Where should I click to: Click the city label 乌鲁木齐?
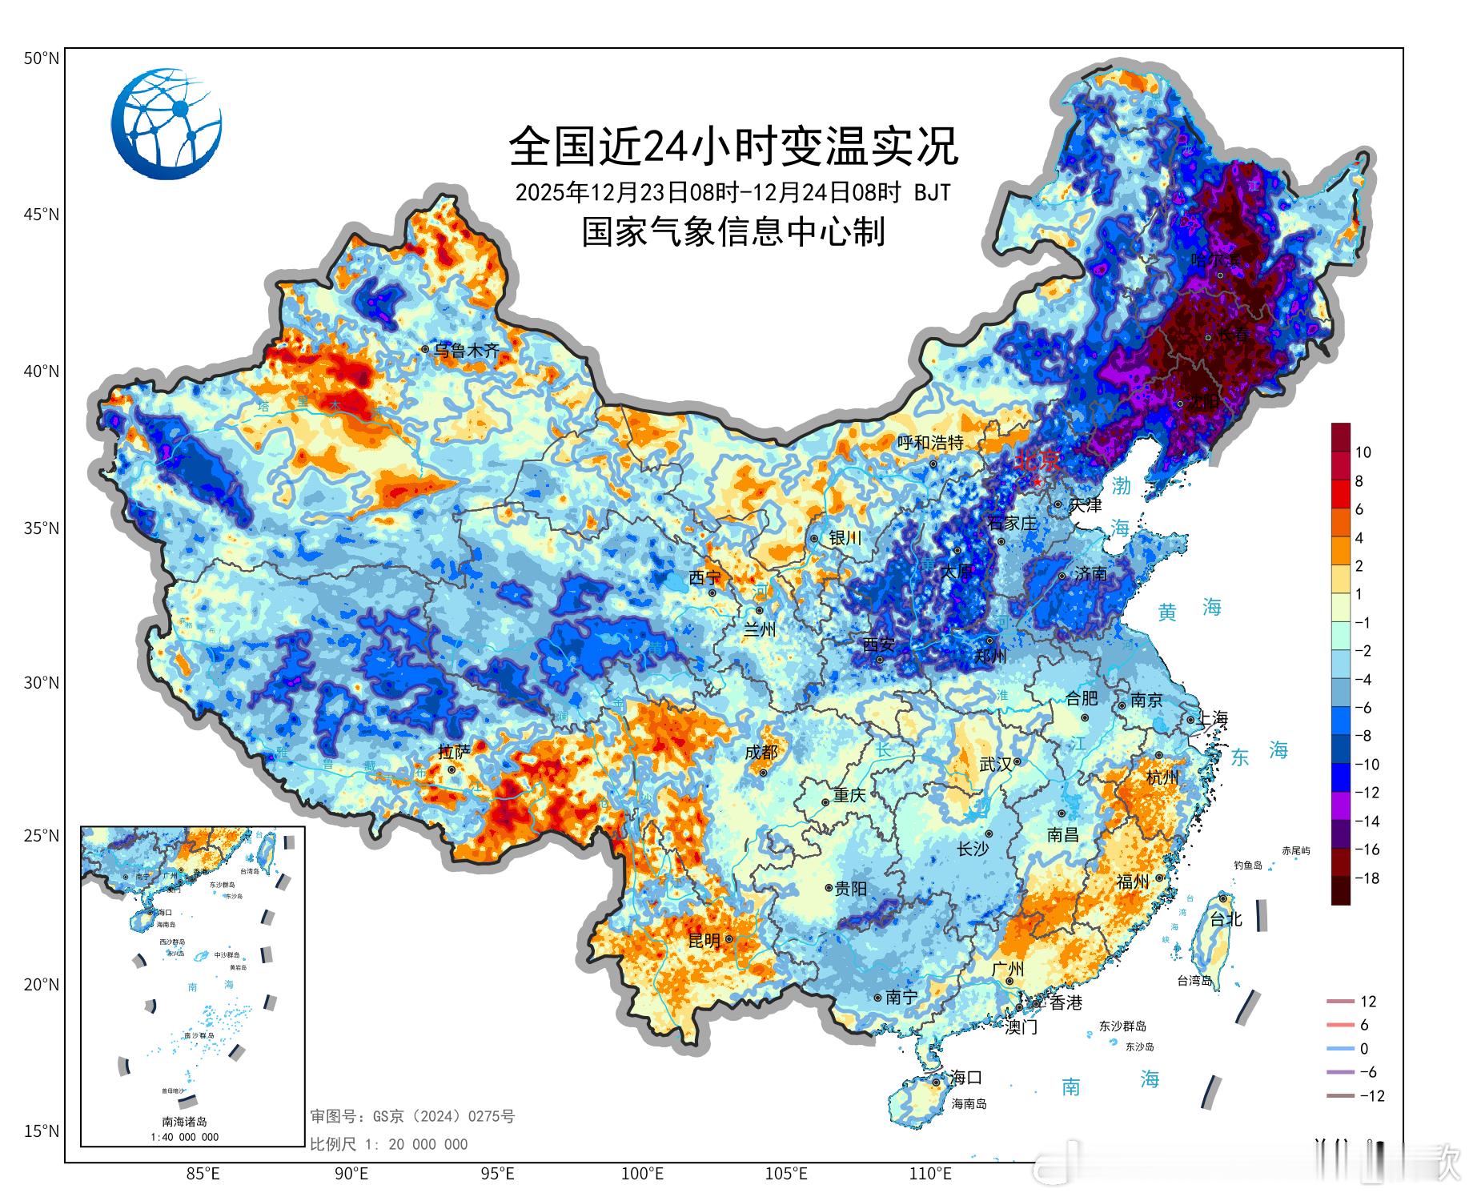point(466,351)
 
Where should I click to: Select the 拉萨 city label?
point(454,752)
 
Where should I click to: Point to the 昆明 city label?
point(704,942)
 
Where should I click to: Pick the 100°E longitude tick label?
point(643,1174)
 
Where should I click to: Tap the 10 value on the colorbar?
point(1363,452)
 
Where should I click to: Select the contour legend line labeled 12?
point(1340,1002)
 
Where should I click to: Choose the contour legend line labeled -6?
point(1340,1072)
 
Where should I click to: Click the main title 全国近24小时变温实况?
point(732,146)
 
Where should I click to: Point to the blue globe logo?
point(167,124)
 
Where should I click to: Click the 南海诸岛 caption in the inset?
point(184,1122)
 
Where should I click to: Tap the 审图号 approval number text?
point(412,1116)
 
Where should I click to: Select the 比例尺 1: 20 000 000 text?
point(389,1144)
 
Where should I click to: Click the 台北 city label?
point(1225,920)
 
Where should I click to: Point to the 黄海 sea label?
point(1190,610)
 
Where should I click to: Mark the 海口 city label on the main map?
point(965,1078)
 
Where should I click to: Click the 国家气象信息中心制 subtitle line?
point(732,232)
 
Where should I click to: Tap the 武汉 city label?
point(995,765)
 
